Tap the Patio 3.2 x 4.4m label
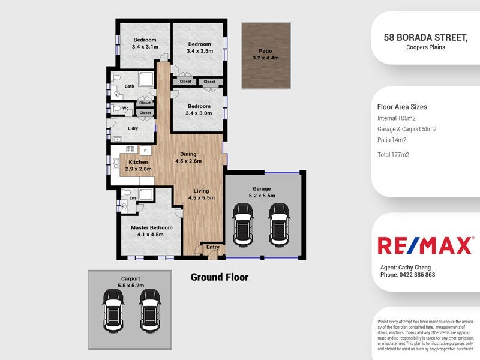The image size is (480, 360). tap(265, 55)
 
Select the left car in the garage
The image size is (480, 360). tap(243, 223)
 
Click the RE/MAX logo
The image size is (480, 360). tap(425, 245)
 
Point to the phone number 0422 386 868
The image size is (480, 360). tap(416, 275)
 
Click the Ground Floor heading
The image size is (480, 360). tap(219, 277)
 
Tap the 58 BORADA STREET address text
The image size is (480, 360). tap(425, 37)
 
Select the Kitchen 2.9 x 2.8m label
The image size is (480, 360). tap(139, 166)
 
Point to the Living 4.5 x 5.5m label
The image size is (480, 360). tap(201, 194)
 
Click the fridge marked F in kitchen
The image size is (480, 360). tap(144, 150)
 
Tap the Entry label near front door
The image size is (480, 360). tap(212, 247)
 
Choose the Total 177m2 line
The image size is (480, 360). tap(393, 155)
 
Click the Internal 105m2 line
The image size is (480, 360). tap(396, 118)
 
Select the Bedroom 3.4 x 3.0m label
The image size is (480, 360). tap(199, 109)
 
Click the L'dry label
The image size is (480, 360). tap(134, 128)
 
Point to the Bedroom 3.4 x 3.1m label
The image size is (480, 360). tap(145, 43)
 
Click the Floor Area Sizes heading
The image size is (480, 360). tap(402, 107)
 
